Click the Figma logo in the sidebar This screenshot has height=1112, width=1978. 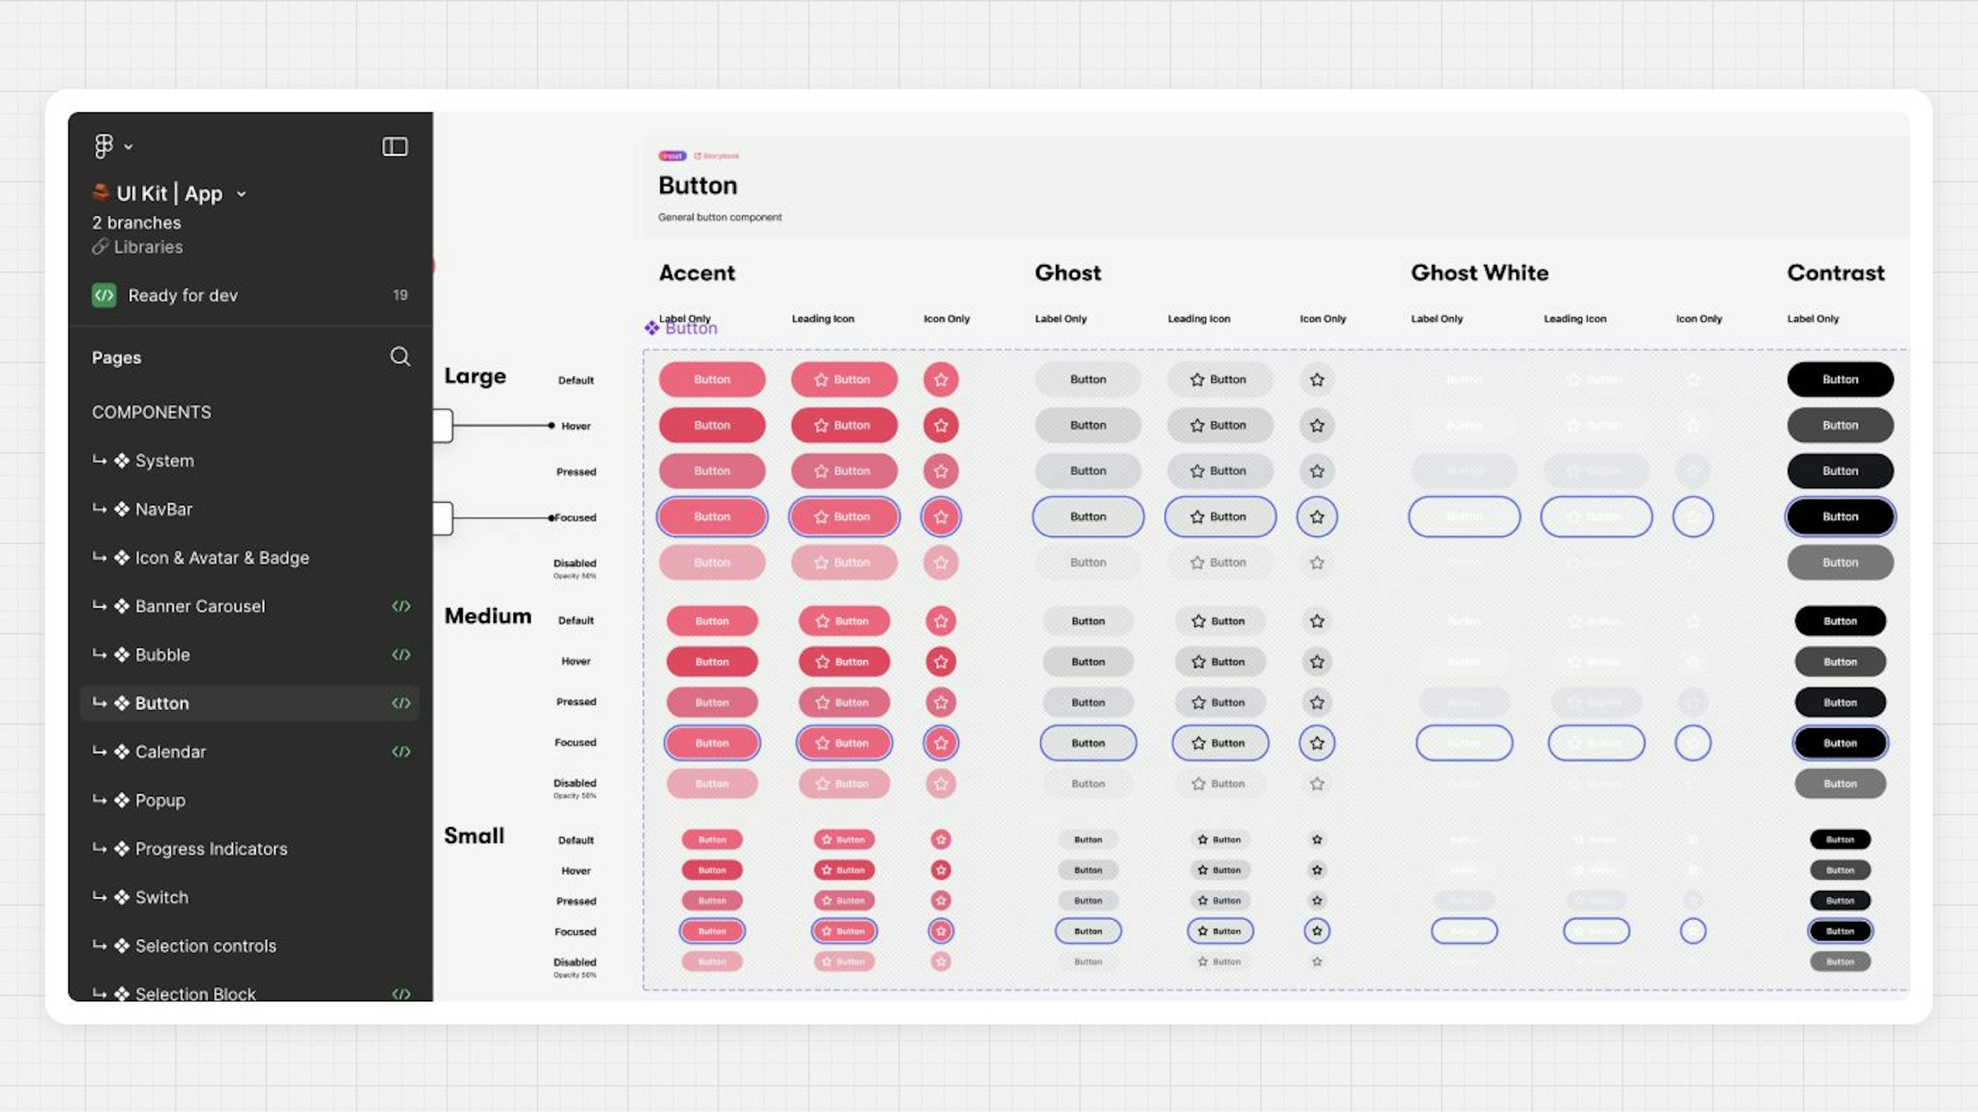[x=104, y=146]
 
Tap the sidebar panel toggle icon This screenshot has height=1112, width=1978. [x=395, y=146]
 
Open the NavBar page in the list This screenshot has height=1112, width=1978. [x=164, y=509]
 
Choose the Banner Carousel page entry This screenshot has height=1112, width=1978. [x=200, y=606]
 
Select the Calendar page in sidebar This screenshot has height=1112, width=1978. [x=170, y=752]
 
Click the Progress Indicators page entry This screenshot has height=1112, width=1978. [x=211, y=849]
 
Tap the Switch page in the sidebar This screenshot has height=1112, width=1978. [x=161, y=897]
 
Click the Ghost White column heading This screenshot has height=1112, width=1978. [x=1479, y=272]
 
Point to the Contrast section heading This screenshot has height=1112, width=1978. [x=1835, y=272]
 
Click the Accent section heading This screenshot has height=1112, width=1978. [x=696, y=272]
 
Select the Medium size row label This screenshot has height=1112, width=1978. [x=488, y=616]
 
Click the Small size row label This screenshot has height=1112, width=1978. [x=474, y=835]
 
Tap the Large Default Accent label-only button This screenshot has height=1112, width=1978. [x=712, y=380]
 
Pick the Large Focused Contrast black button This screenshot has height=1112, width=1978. [x=1840, y=517]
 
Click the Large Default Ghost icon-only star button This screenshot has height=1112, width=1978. [x=1317, y=380]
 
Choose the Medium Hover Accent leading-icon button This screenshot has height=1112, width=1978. [x=844, y=662]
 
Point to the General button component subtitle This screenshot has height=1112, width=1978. [x=720, y=217]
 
